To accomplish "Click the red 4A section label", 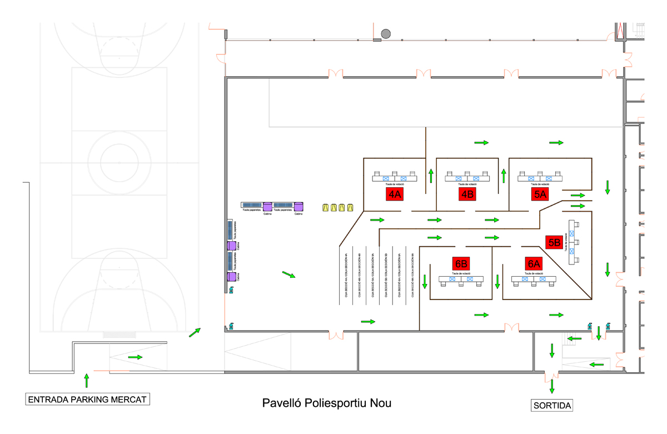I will pyautogui.click(x=395, y=194).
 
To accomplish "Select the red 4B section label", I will pyautogui.click(x=467, y=194).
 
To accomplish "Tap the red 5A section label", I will pyautogui.click(x=540, y=194).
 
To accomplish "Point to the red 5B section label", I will pyautogui.click(x=554, y=242).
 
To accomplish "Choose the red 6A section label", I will pyautogui.click(x=534, y=263).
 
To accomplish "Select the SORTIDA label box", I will pyautogui.click(x=552, y=405).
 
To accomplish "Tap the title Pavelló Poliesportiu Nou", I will pyautogui.click(x=327, y=403).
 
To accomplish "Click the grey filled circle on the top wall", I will pyautogui.click(x=386, y=34).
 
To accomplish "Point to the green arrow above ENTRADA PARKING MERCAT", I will pyautogui.click(x=86, y=380).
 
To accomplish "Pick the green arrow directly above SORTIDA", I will pyautogui.click(x=552, y=386).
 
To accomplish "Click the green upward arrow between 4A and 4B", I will pyautogui.click(x=431, y=177).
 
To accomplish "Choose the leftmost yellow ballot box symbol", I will pyautogui.click(x=326, y=208).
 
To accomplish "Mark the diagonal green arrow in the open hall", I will pyautogui.click(x=289, y=275).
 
